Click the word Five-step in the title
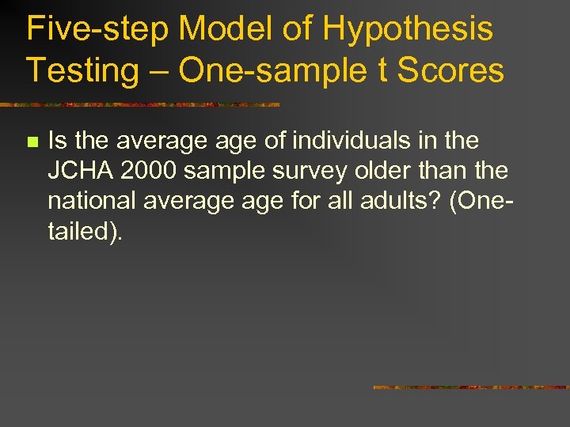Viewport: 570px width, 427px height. [97, 30]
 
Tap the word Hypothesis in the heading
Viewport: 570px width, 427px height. [408, 30]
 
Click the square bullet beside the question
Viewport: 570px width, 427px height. [32, 142]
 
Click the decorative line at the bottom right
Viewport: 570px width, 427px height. [471, 387]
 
